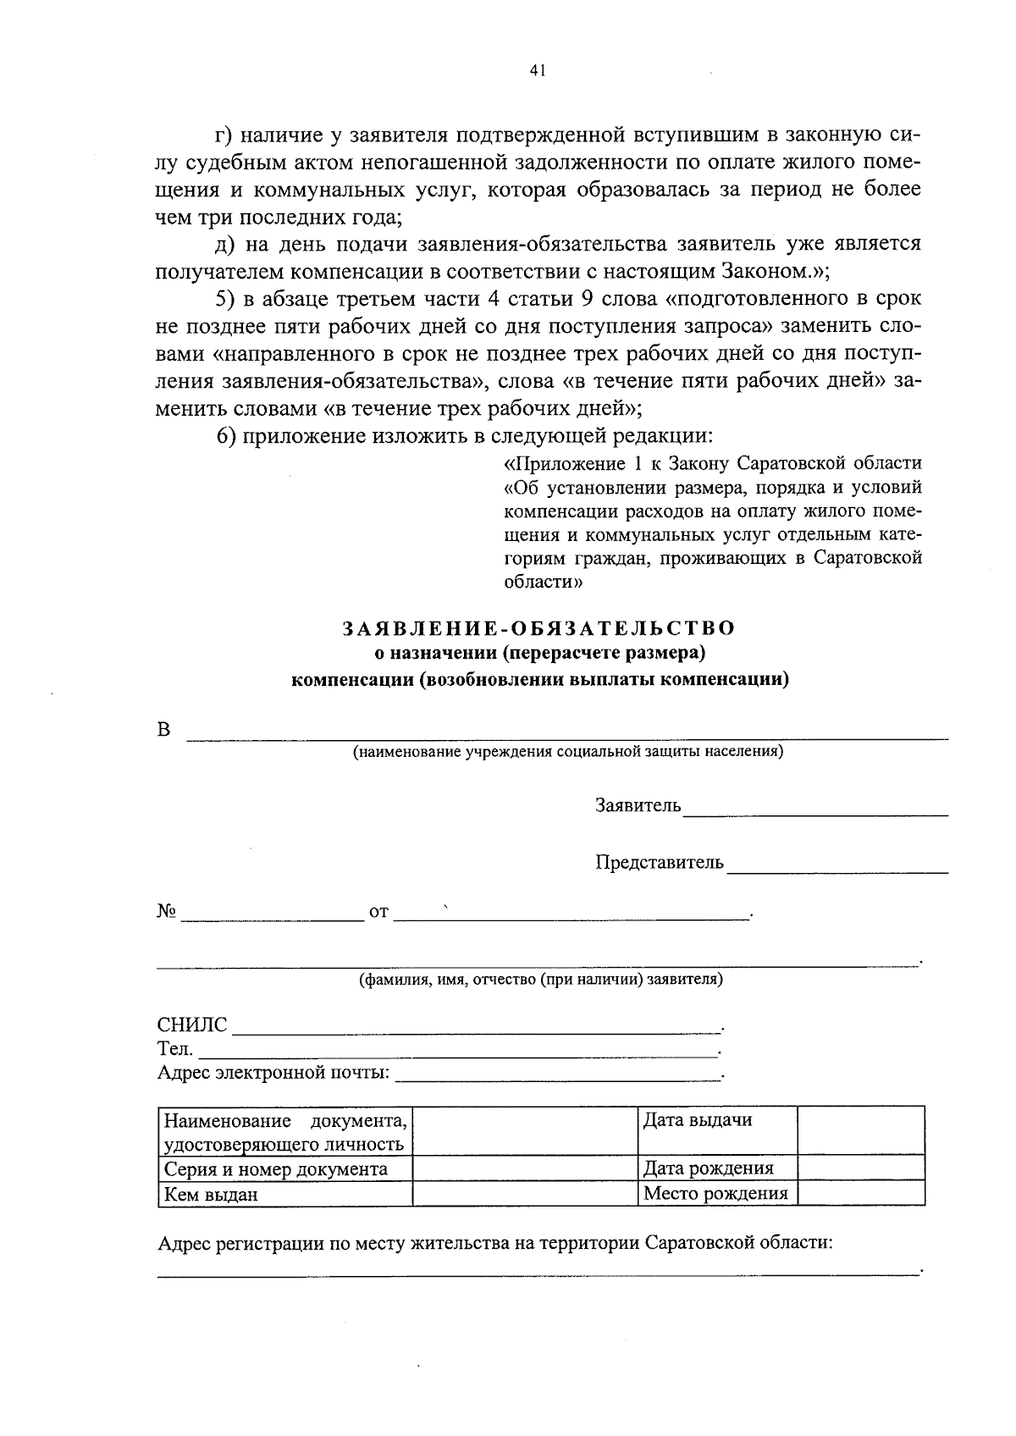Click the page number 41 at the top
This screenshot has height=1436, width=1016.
click(536, 72)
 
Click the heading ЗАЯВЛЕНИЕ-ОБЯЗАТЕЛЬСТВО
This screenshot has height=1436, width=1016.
click(538, 628)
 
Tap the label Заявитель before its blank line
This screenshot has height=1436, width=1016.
click(638, 805)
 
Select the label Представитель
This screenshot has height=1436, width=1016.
click(660, 862)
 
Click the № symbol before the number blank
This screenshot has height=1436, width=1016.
click(166, 911)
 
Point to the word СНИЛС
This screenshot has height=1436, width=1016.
click(192, 1025)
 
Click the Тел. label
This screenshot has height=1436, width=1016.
click(175, 1049)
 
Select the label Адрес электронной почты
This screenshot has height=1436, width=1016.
click(273, 1073)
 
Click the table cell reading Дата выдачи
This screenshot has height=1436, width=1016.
click(698, 1120)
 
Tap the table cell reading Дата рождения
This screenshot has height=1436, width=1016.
click(709, 1168)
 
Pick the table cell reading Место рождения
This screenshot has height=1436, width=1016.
click(715, 1193)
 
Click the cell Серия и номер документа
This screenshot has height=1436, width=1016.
click(275, 1169)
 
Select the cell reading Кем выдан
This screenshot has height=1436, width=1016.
click(211, 1195)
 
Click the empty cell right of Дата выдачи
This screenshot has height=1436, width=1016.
click(860, 1129)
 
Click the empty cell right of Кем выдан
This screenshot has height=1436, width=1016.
click(524, 1194)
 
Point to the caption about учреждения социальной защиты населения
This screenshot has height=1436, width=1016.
click(568, 751)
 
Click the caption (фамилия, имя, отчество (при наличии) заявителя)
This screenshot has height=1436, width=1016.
click(541, 979)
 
